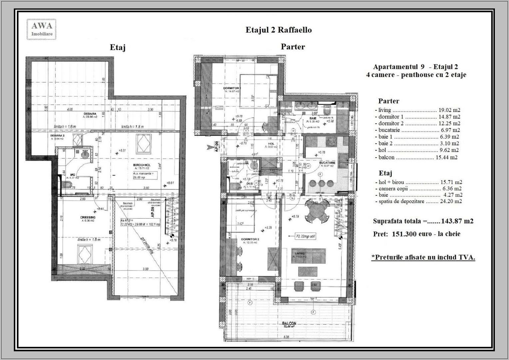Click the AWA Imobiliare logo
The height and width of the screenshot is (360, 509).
tap(42, 29)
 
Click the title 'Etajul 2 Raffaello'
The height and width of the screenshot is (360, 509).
tap(278, 30)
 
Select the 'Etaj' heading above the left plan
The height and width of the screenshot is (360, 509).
tap(118, 48)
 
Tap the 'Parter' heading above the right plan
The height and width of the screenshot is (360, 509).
tap(292, 47)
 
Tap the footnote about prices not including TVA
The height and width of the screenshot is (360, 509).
tap(423, 257)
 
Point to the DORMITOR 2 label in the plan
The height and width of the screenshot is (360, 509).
tap(251, 239)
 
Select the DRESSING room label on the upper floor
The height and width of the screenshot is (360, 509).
tap(88, 217)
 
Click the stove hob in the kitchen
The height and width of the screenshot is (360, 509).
tap(331, 142)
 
